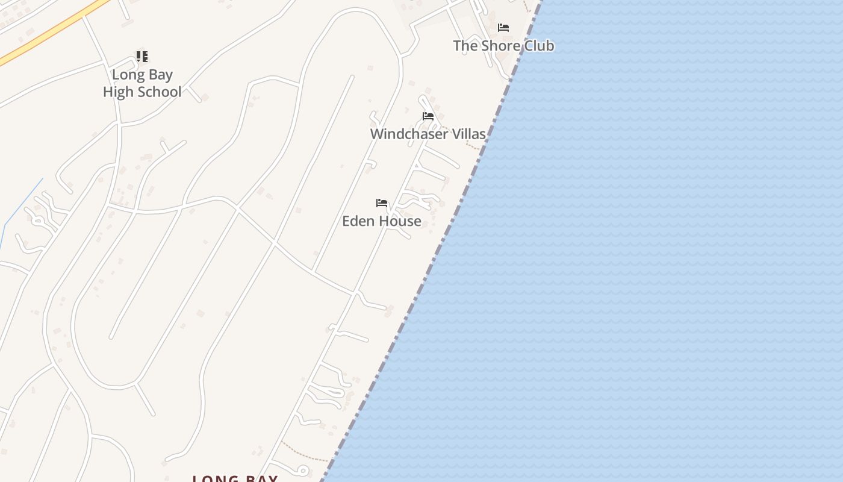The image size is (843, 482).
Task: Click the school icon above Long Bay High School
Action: pyautogui.click(x=142, y=57)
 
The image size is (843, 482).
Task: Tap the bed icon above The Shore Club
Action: pyautogui.click(x=503, y=28)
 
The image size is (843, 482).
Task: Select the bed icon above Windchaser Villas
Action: pyautogui.click(x=428, y=116)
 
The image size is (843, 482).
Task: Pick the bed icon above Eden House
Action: pyautogui.click(x=382, y=203)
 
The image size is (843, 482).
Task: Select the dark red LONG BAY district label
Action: pyautogui.click(x=235, y=479)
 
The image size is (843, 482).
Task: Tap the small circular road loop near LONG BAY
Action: pyautogui.click(x=303, y=471)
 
